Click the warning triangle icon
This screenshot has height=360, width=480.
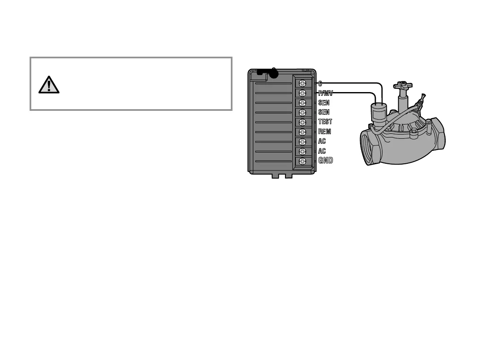[49, 85]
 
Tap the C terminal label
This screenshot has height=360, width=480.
[320, 83]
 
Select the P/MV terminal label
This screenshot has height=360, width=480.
[325, 93]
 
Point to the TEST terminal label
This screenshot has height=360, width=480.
[325, 122]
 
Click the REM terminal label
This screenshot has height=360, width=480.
[325, 132]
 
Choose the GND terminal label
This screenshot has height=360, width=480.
[325, 160]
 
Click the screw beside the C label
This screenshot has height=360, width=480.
[303, 83]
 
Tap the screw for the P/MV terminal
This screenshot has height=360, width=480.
[303, 93]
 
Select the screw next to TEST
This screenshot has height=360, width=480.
[303, 122]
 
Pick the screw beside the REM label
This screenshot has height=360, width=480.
[303, 132]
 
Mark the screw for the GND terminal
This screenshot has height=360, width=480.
[303, 161]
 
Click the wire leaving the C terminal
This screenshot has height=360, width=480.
[354, 83]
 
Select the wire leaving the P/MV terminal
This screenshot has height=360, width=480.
[354, 92]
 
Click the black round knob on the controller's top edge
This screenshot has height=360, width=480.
[273, 73]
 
